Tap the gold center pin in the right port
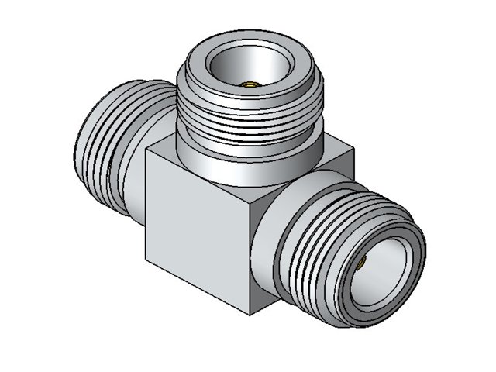pyautogui.click(x=362, y=264)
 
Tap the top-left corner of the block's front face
pyautogui.click(x=146, y=150)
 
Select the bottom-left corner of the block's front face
pyautogui.click(x=145, y=257)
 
